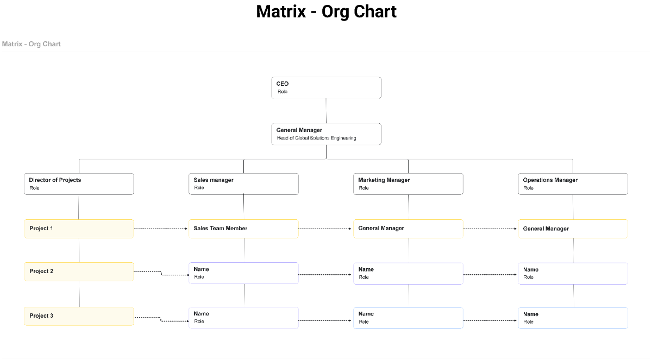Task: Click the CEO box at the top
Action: [x=326, y=87]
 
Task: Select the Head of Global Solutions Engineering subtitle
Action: [x=316, y=138]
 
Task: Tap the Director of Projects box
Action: [x=79, y=184]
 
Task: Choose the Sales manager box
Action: [x=243, y=184]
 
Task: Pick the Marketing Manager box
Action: [x=408, y=184]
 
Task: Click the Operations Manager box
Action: [x=573, y=184]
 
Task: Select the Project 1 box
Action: [x=79, y=229]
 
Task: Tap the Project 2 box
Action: [x=79, y=271]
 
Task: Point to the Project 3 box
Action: [x=79, y=316]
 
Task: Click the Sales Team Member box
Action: [x=243, y=229]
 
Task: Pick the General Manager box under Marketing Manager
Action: [x=408, y=229]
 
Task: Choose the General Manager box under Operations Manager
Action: [x=573, y=229]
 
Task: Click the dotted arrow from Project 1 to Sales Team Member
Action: [x=161, y=229]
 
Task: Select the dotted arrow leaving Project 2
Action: [x=161, y=274]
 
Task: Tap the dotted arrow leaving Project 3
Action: [x=161, y=319]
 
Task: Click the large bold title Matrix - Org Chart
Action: [x=326, y=11]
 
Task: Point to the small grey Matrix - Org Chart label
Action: [x=32, y=44]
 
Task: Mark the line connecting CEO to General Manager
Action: [x=326, y=111]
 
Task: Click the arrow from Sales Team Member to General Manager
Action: [x=325, y=229]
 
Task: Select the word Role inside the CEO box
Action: [x=283, y=92]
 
